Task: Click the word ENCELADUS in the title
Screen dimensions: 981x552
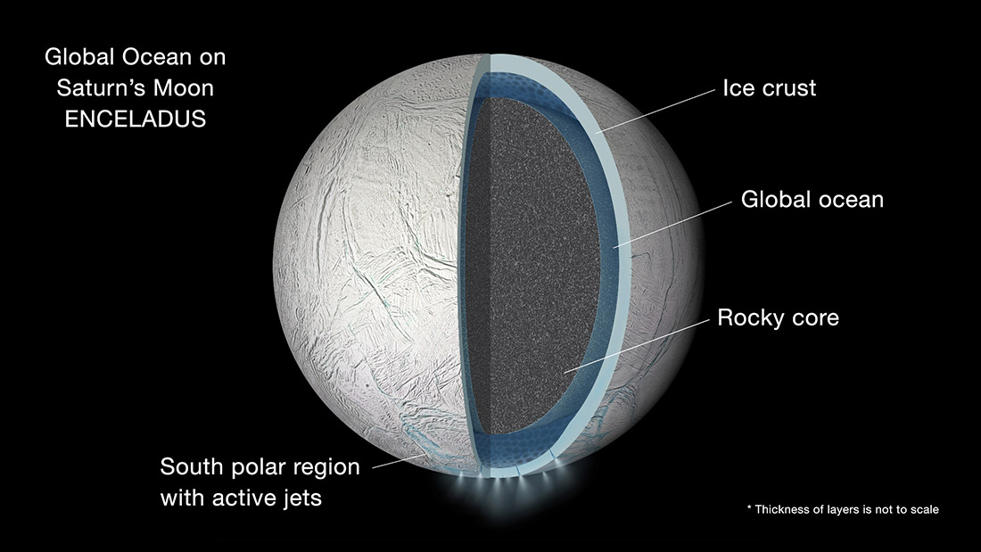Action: coord(136,119)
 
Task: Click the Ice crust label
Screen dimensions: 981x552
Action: coord(769,88)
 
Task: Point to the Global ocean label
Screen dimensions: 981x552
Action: coord(812,200)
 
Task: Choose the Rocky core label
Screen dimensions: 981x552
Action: coord(778,317)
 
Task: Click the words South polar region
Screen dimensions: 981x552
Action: coord(260,467)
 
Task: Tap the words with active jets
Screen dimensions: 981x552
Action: coord(241,498)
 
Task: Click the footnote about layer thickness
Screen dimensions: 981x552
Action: coord(843,509)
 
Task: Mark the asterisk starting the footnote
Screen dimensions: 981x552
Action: coord(749,507)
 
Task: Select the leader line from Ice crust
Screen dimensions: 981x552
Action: coord(655,111)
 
